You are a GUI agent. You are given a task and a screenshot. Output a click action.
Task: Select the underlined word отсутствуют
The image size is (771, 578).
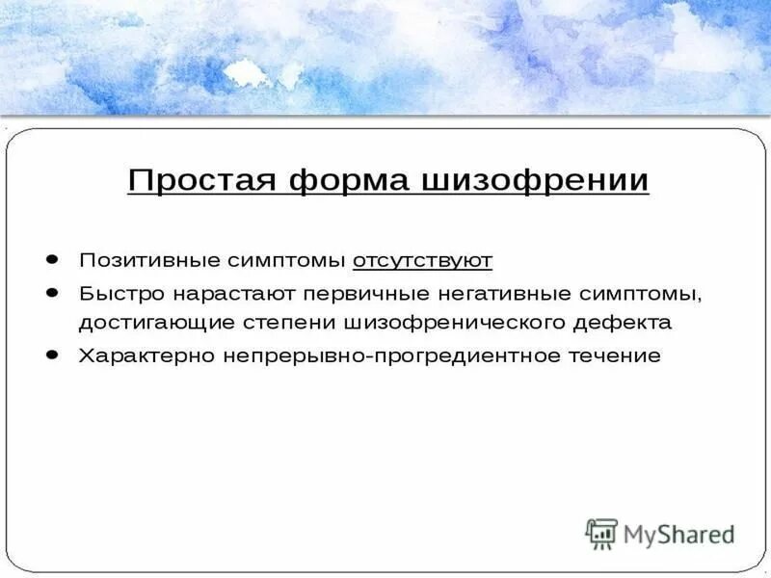(422, 260)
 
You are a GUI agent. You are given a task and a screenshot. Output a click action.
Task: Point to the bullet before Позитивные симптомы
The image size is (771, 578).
(52, 259)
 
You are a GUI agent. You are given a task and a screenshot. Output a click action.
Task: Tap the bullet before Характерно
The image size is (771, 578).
(52, 355)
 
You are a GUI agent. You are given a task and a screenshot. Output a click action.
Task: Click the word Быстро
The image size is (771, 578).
(113, 292)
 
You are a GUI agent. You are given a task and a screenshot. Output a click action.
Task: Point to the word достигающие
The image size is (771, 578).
(146, 324)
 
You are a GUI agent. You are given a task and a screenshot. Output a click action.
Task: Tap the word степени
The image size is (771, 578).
(275, 324)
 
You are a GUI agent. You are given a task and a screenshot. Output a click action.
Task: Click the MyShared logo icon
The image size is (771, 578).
(602, 534)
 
